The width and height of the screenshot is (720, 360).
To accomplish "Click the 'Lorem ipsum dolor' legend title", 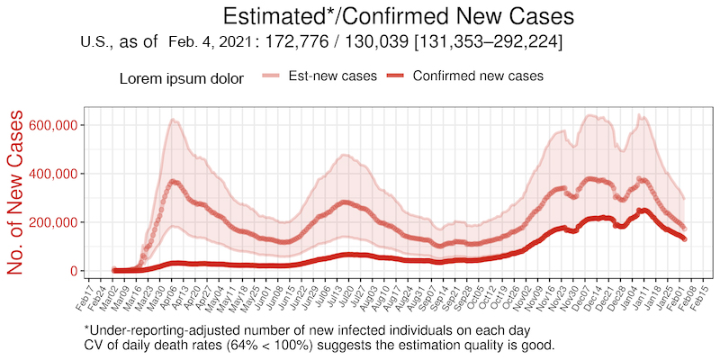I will (x=181, y=78).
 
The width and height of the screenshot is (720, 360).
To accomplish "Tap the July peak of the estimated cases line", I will (x=343, y=202).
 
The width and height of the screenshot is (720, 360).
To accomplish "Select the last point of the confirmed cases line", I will (x=684, y=238).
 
